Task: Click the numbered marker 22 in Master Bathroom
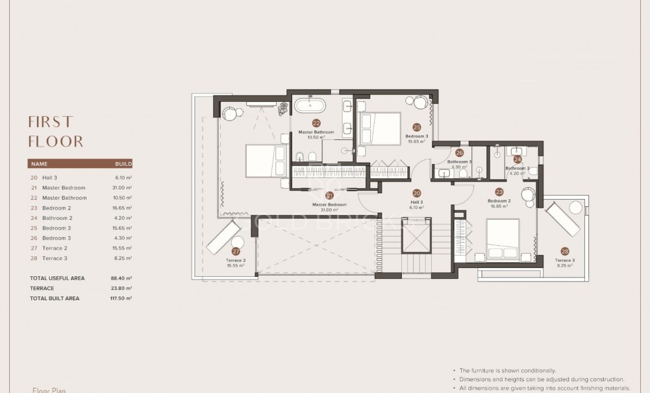pyautogui.click(x=316, y=122)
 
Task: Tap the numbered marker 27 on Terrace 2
pyautogui.click(x=236, y=251)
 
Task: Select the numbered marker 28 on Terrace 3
pyautogui.click(x=564, y=251)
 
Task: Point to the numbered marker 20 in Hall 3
pyautogui.click(x=417, y=193)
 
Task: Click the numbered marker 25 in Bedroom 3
pyautogui.click(x=417, y=127)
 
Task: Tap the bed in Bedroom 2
pyautogui.click(x=503, y=239)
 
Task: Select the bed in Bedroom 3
pyautogui.click(x=379, y=128)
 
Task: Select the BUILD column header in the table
pyautogui.click(x=123, y=164)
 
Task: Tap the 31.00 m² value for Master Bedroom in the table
pyautogui.click(x=123, y=187)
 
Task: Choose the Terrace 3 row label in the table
pyautogui.click(x=55, y=258)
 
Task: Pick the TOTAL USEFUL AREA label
pyautogui.click(x=57, y=278)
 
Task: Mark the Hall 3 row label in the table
pyautogui.click(x=50, y=178)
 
